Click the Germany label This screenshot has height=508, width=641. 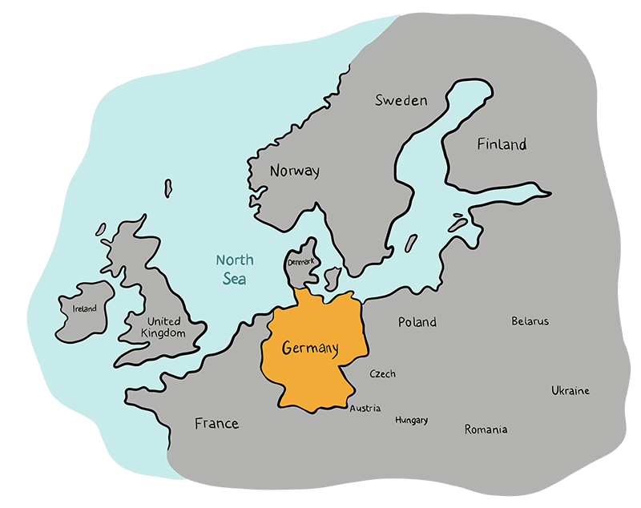pyautogui.click(x=310, y=349)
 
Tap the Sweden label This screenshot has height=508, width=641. pyautogui.click(x=401, y=101)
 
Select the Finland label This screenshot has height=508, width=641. pyautogui.click(x=502, y=145)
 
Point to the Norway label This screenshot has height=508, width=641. pyautogui.click(x=294, y=171)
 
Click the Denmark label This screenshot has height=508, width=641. pyautogui.click(x=303, y=262)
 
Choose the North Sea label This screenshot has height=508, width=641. pyautogui.click(x=234, y=269)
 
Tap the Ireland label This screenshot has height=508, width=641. pyautogui.click(x=84, y=308)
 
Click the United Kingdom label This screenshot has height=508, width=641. pyautogui.click(x=163, y=326)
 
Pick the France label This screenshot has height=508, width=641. pyautogui.click(x=216, y=423)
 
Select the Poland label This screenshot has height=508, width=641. pyautogui.click(x=417, y=322)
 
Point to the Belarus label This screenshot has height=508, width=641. pyautogui.click(x=530, y=321)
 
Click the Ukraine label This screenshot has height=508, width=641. pyautogui.click(x=570, y=391)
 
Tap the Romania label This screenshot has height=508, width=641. pyautogui.click(x=486, y=429)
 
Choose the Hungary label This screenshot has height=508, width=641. pyautogui.click(x=411, y=420)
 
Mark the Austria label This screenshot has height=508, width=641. pyautogui.click(x=365, y=409)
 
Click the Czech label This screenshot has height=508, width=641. pyautogui.click(x=382, y=374)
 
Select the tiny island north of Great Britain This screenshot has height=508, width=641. pyautogui.click(x=168, y=187)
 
